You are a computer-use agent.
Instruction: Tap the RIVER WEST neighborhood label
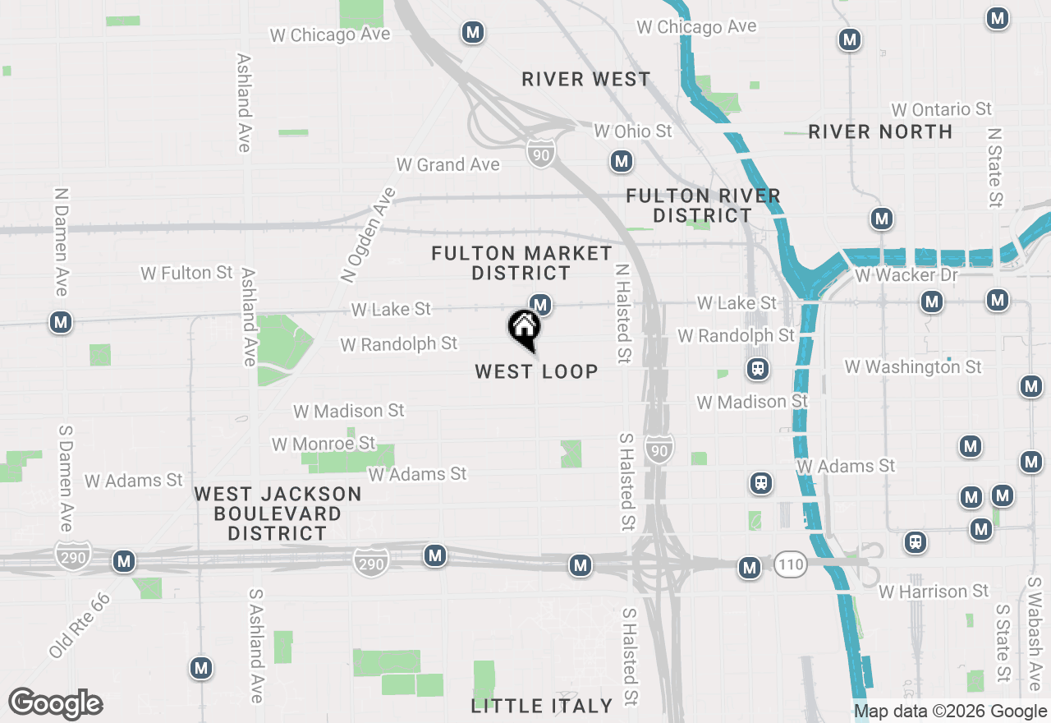[x=586, y=80]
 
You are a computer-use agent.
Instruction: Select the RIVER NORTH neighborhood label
[x=880, y=131]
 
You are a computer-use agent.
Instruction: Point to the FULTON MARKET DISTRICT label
[x=522, y=263]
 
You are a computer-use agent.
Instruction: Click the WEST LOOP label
[x=536, y=371]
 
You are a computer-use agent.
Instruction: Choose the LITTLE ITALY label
[x=542, y=706]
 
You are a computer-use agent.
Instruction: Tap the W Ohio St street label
[x=632, y=131]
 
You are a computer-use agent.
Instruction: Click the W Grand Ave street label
[x=447, y=164]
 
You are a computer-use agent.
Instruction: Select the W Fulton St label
[x=187, y=273]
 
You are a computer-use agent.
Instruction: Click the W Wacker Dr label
[x=906, y=275]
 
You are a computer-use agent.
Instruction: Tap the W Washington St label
[x=913, y=367]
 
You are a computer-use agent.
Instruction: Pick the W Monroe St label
[x=324, y=444]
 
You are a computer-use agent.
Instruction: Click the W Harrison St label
[x=934, y=592]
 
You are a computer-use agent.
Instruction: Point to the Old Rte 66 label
[x=79, y=624]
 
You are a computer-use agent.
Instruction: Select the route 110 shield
[x=789, y=564]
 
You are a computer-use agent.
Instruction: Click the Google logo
[x=55, y=704]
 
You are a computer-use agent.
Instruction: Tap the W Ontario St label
[x=941, y=109]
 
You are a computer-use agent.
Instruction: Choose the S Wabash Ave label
[x=1034, y=629]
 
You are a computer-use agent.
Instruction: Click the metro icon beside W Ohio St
[x=622, y=161]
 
